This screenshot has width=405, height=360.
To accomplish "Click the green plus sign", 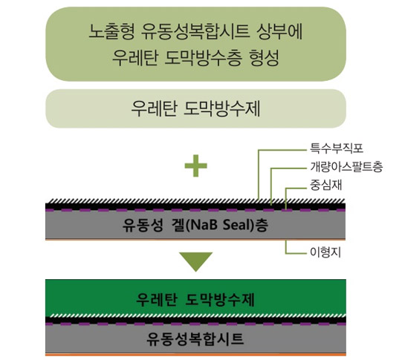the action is [x=195, y=166].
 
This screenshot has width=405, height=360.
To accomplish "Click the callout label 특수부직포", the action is [x=337, y=148].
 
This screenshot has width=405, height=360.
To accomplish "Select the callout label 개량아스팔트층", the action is [x=346, y=167].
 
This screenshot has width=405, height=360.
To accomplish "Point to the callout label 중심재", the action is [x=326, y=185].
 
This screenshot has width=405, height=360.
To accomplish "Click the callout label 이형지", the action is [x=325, y=252].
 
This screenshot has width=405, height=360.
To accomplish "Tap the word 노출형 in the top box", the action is [x=111, y=31].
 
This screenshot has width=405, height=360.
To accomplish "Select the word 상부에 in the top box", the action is [x=279, y=31].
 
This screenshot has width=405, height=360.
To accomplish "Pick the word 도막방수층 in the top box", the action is [x=203, y=58].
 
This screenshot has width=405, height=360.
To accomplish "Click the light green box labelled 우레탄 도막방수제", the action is [x=195, y=108].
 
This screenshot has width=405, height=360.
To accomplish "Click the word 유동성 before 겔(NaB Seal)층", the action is [x=143, y=225].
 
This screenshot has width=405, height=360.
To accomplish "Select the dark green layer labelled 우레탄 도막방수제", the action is [x=195, y=297].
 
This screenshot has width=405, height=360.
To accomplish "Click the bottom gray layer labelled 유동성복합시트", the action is [x=195, y=338].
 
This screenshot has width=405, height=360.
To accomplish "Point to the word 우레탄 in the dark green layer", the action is [x=157, y=300].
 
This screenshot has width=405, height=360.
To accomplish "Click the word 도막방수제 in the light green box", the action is [x=222, y=108].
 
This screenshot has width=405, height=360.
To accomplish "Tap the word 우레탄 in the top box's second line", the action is [x=135, y=58].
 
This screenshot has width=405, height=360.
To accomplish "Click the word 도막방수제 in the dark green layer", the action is [x=220, y=300].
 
